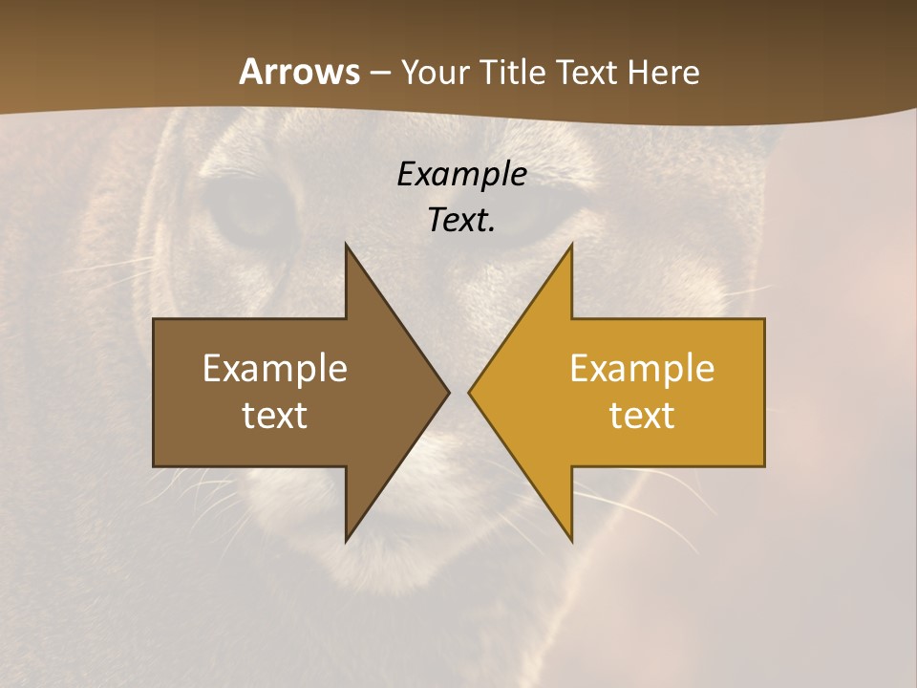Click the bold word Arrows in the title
tap(299, 72)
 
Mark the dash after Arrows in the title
tap(380, 74)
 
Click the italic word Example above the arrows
tap(461, 174)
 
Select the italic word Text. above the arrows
tap(461, 220)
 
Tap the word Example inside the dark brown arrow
tap(275, 369)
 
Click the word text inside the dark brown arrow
tap(275, 416)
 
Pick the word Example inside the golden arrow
tap(642, 369)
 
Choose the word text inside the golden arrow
tap(642, 416)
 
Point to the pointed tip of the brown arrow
tap(448, 392)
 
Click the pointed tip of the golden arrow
tap(469, 392)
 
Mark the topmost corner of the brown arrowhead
tap(346, 245)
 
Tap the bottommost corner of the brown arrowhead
tap(346, 541)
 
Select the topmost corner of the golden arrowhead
tap(571, 245)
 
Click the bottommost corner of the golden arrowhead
tap(571, 541)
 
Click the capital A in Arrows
tap(250, 72)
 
